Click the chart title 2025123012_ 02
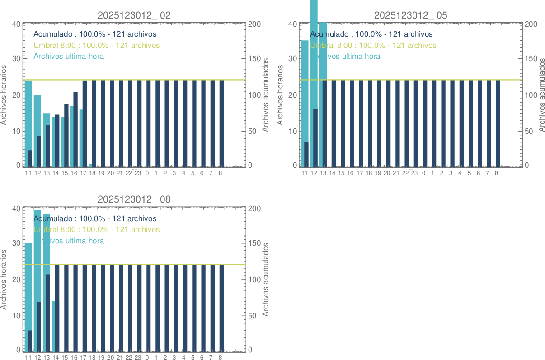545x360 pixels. [134, 15]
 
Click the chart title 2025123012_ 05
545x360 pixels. [410, 15]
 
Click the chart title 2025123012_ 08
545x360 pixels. [134, 199]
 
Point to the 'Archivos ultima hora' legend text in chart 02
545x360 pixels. [69, 57]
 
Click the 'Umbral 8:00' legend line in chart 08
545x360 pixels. [96, 230]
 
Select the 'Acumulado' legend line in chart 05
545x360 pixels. [371, 34]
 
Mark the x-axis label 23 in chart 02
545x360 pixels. [138, 173]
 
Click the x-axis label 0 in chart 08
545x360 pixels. [147, 357]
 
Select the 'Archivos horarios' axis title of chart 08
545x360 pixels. [4, 279]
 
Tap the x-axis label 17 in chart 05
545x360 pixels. [360, 173]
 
